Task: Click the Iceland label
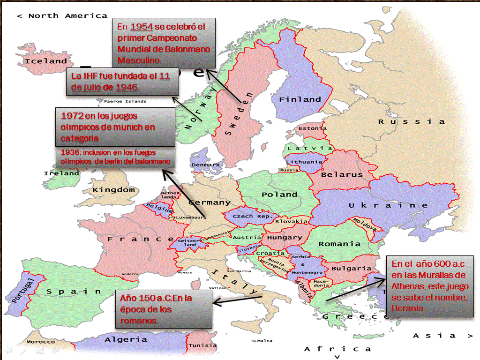coord(45,61)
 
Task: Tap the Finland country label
coord(300,99)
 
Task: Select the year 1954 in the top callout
coord(142,27)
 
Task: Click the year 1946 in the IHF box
coord(126,87)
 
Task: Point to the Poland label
coord(279,194)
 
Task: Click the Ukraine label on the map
coord(388,205)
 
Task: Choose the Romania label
coord(339,244)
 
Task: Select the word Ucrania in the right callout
coord(408,308)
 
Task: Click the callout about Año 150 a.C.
coord(164,309)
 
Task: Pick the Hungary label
coord(282,238)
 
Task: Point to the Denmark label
coord(205,165)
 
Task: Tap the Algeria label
coord(126,339)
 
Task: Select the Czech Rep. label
coord(249,217)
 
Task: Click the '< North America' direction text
coord(62,15)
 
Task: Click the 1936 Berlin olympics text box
coord(115,157)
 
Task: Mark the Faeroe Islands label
coord(125,101)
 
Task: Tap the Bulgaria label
coord(351,269)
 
